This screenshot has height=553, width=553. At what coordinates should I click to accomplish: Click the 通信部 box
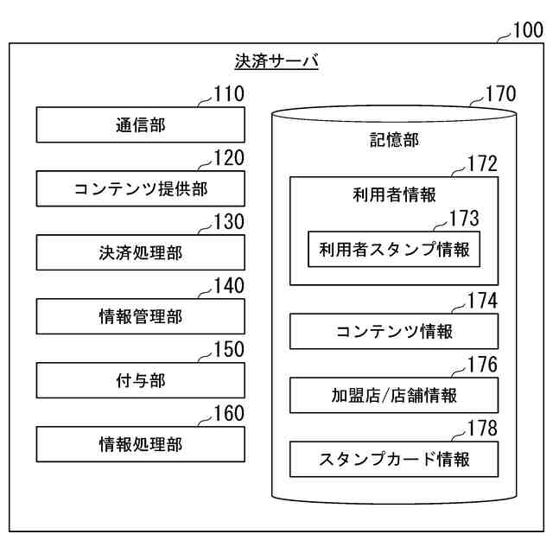coord(140,125)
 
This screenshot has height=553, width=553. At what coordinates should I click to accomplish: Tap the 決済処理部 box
coord(140,253)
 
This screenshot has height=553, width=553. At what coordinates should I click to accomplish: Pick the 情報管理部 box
coord(140,317)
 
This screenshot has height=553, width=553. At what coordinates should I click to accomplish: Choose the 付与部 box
coord(140,381)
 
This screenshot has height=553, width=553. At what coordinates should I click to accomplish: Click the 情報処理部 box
coord(140,445)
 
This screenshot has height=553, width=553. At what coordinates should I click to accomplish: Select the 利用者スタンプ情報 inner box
coord(394,251)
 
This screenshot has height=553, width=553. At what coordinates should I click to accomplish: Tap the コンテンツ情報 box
coord(394,332)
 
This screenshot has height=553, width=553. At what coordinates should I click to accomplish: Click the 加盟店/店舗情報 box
coord(394,396)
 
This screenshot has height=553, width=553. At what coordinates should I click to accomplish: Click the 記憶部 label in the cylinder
coord(394,141)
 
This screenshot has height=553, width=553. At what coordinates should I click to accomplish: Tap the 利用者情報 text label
coord(394,194)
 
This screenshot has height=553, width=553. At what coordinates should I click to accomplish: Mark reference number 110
coord(228,94)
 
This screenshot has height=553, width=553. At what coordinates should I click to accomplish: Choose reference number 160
coord(228,414)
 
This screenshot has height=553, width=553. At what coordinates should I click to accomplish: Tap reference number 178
coord(482,429)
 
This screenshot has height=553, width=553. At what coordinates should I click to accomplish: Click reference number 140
coord(228,286)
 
